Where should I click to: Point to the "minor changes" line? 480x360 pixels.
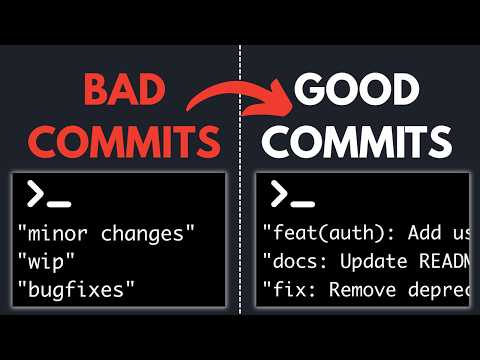pyautogui.click(x=106, y=234)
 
